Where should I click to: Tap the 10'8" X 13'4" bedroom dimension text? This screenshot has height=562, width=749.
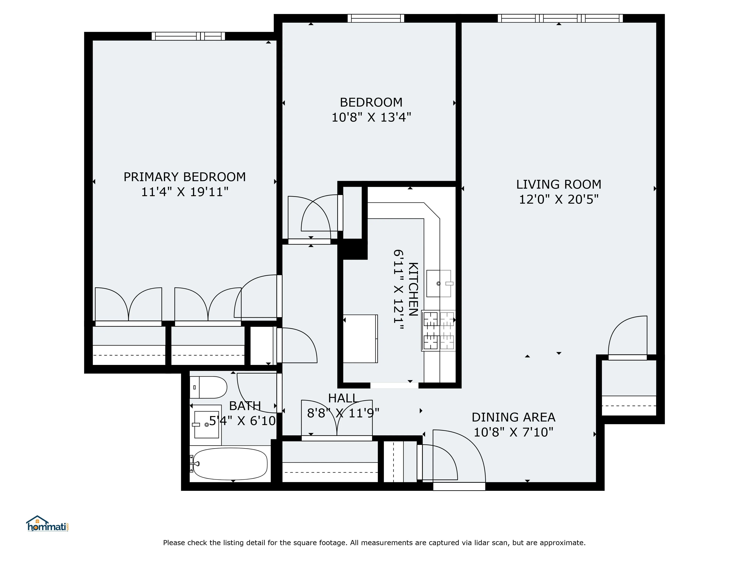[371, 117]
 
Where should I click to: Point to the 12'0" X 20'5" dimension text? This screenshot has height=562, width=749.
[559, 200]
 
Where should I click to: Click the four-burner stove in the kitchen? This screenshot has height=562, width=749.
[439, 330]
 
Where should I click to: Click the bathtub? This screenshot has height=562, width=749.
[230, 464]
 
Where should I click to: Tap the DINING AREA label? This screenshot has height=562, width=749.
[513, 417]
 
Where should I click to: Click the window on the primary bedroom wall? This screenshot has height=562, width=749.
[188, 36]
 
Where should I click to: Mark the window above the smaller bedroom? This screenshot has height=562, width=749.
[376, 18]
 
